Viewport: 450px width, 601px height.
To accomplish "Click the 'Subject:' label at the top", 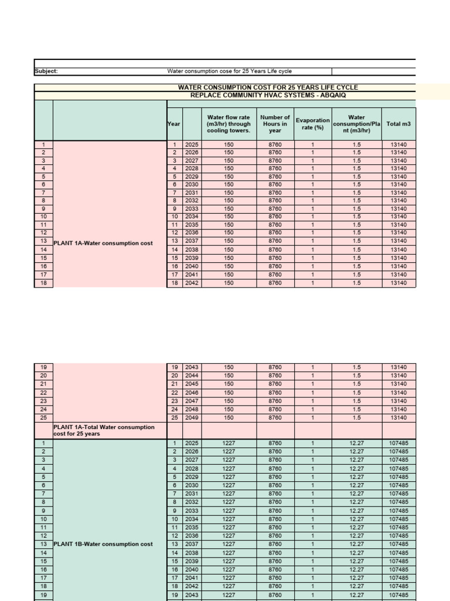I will point(46,72).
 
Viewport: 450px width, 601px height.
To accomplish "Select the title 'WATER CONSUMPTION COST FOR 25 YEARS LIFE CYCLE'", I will point(268,87).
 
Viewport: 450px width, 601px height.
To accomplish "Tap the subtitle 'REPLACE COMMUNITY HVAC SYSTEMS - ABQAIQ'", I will point(268,94).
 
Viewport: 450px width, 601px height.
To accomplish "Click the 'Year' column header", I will point(174,124).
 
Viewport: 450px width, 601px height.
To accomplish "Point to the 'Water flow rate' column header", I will point(229,124).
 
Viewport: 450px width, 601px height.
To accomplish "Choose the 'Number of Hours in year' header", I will point(275,124).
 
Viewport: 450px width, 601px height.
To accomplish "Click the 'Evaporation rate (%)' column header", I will point(313,124).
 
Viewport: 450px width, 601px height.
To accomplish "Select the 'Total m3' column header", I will point(398,124).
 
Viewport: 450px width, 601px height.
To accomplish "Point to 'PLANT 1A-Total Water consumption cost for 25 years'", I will point(104,430).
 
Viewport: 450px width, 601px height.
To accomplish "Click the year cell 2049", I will point(192,417).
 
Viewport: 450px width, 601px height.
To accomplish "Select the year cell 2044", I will point(192,376).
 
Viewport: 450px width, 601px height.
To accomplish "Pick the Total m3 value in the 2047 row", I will point(398,401).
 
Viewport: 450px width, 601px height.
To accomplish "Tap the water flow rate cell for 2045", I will point(229,384).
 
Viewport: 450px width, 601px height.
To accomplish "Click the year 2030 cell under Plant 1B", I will point(192,485).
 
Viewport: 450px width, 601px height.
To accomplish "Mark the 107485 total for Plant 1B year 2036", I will point(398,536).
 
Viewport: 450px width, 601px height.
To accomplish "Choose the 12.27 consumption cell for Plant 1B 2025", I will point(356,443).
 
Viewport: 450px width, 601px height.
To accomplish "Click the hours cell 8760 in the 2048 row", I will point(275,409).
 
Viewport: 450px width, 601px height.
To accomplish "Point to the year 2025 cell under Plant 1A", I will point(192,144).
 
